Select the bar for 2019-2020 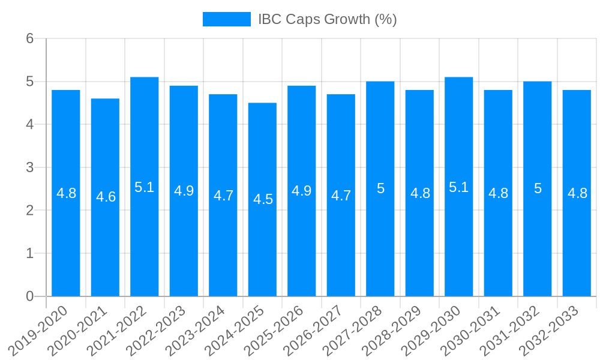pyautogui.click(x=66, y=240)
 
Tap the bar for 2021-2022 pyautogui.click(x=145, y=240)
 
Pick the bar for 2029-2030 pyautogui.click(x=459, y=240)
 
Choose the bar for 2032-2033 pyautogui.click(x=577, y=240)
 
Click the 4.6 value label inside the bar pyautogui.click(x=106, y=197)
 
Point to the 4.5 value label pyautogui.click(x=263, y=199)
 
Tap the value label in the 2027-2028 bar pyautogui.click(x=380, y=188)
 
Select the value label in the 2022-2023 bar pyautogui.click(x=184, y=191)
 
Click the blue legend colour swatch pyautogui.click(x=226, y=19)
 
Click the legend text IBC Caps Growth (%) pyautogui.click(x=327, y=19)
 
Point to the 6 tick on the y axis pyautogui.click(x=29, y=38)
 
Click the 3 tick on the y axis pyautogui.click(x=29, y=167)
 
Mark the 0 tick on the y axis pyautogui.click(x=29, y=296)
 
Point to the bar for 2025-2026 pyautogui.click(x=302, y=240)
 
